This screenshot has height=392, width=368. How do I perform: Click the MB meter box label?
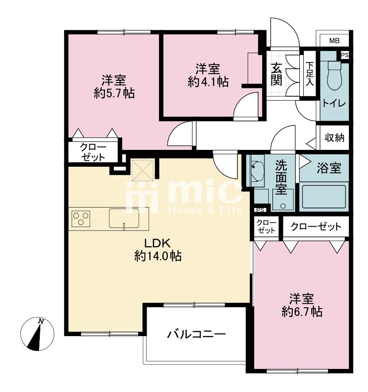334,40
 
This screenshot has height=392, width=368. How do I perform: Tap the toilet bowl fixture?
334,76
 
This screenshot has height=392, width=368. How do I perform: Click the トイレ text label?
334,103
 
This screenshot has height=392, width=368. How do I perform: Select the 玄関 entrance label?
276,74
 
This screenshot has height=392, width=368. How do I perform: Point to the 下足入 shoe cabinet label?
310,74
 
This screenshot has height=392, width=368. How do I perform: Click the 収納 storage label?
334,137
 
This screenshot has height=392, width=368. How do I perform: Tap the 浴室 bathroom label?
329,168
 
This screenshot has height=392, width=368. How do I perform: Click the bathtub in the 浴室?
324,197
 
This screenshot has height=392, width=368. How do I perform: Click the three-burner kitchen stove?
81,219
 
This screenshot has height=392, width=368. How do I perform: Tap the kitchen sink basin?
124,218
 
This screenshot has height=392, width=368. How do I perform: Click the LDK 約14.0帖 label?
158,250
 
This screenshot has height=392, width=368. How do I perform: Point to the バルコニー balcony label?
196,334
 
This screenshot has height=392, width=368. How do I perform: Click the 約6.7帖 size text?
302,312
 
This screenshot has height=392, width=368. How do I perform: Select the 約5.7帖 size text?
114,93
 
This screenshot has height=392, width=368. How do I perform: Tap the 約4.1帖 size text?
208,82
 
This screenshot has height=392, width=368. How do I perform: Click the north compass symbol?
38,334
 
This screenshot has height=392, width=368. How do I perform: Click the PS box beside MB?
345,55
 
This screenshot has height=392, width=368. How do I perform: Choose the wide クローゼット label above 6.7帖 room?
316,227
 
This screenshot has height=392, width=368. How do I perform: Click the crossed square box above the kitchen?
142,170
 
